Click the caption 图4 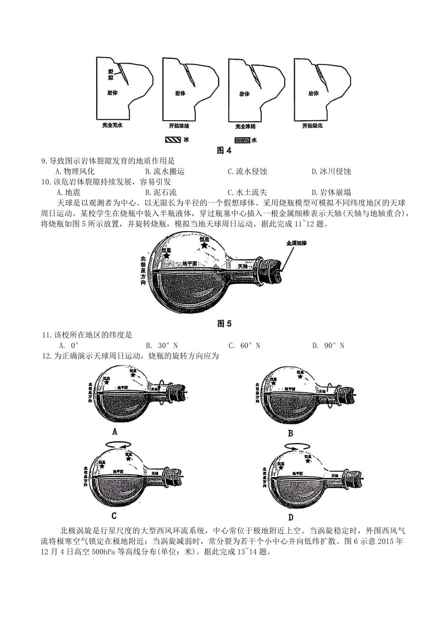point(224,150)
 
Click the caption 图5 point(224,324)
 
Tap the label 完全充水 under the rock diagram point(112,126)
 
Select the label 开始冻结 point(179,126)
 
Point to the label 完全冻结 point(245,126)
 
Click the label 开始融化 point(312,126)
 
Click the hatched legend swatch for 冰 point(172,140)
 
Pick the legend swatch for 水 point(242,140)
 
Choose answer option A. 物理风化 point(75,171)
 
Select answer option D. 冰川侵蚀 point(331,171)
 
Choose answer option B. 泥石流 point(161,192)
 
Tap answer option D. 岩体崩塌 point(331,192)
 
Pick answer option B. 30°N point(161,346)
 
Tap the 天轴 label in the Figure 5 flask point(242,266)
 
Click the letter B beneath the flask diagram point(290,433)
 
